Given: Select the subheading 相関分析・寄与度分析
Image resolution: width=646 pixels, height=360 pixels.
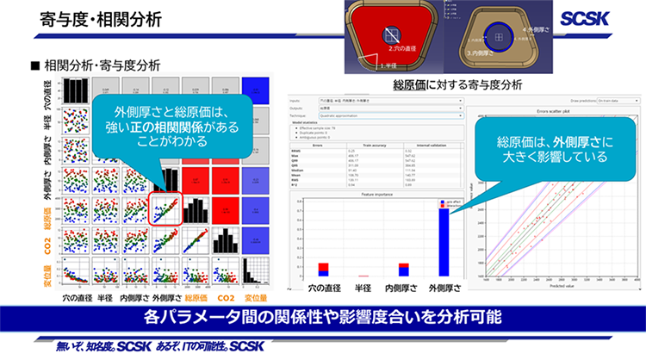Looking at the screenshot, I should tap(102, 65).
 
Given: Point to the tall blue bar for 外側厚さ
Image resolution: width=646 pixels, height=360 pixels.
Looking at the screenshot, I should tap(444, 240).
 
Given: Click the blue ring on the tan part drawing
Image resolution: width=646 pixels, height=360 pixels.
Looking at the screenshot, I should tap(499, 35).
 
